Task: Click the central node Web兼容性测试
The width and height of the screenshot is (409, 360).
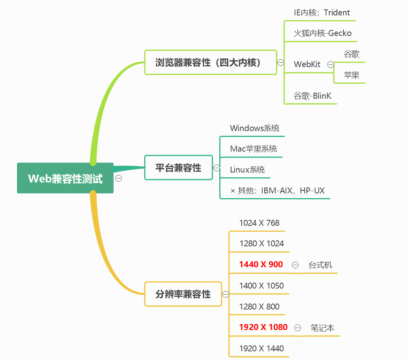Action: click(65, 178)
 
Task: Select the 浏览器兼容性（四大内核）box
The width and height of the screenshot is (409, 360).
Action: click(210, 62)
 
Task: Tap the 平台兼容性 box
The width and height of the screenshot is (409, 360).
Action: click(178, 168)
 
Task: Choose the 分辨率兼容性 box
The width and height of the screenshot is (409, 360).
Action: click(183, 294)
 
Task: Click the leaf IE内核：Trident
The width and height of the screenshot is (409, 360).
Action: click(322, 13)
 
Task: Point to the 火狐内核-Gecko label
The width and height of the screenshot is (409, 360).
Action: click(323, 33)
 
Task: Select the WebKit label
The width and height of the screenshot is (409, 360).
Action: click(307, 64)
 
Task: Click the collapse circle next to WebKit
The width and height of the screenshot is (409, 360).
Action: click(331, 65)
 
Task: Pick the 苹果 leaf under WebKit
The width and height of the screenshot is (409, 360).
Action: click(351, 75)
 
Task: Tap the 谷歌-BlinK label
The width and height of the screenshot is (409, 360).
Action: click(313, 96)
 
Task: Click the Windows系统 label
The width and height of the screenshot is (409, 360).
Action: click(255, 128)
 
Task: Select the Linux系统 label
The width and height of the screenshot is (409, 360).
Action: click(247, 170)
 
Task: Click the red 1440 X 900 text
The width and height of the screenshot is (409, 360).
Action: click(261, 264)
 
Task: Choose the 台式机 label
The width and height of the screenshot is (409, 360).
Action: click(320, 265)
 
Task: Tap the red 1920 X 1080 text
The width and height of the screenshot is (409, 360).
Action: click(263, 327)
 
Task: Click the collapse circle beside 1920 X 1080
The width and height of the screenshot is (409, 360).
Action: click(298, 328)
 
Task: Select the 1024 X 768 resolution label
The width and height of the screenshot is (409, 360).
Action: click(259, 223)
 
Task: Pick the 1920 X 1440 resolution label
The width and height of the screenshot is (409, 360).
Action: click(261, 349)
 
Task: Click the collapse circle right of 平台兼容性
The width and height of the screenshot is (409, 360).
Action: click(217, 168)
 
